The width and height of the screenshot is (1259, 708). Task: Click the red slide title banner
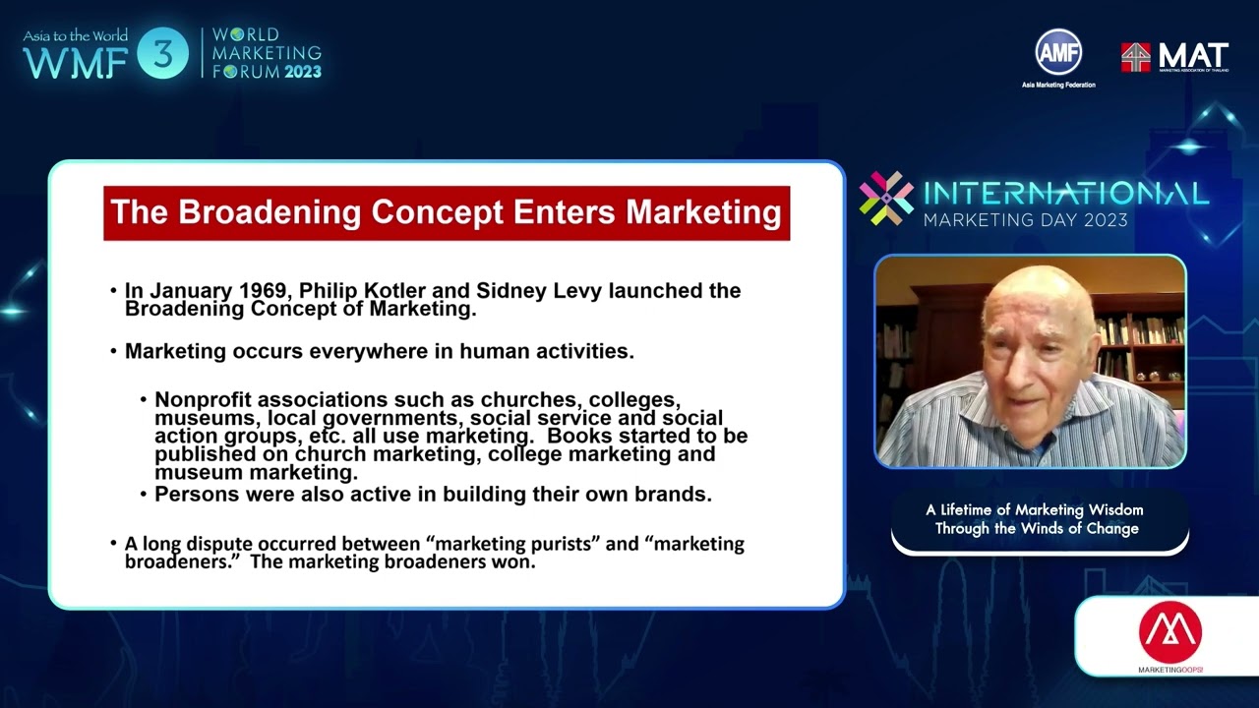pyautogui.click(x=447, y=213)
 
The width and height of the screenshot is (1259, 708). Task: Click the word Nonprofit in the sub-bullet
pyautogui.click(x=203, y=400)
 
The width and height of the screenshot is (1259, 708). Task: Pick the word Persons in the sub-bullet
pyautogui.click(x=195, y=495)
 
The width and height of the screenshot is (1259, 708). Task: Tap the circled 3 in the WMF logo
pyautogui.click(x=162, y=54)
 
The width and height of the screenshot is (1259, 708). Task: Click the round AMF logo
pyautogui.click(x=1057, y=53)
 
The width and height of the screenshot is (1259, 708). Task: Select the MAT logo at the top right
pyautogui.click(x=1174, y=57)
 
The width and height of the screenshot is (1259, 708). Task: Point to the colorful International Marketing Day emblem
pyautogui.click(x=885, y=198)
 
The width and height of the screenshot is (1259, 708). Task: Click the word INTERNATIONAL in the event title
pyautogui.click(x=1065, y=193)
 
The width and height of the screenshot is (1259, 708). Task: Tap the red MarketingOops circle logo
pyautogui.click(x=1169, y=631)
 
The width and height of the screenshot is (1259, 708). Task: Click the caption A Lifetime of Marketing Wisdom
pyautogui.click(x=1034, y=510)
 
